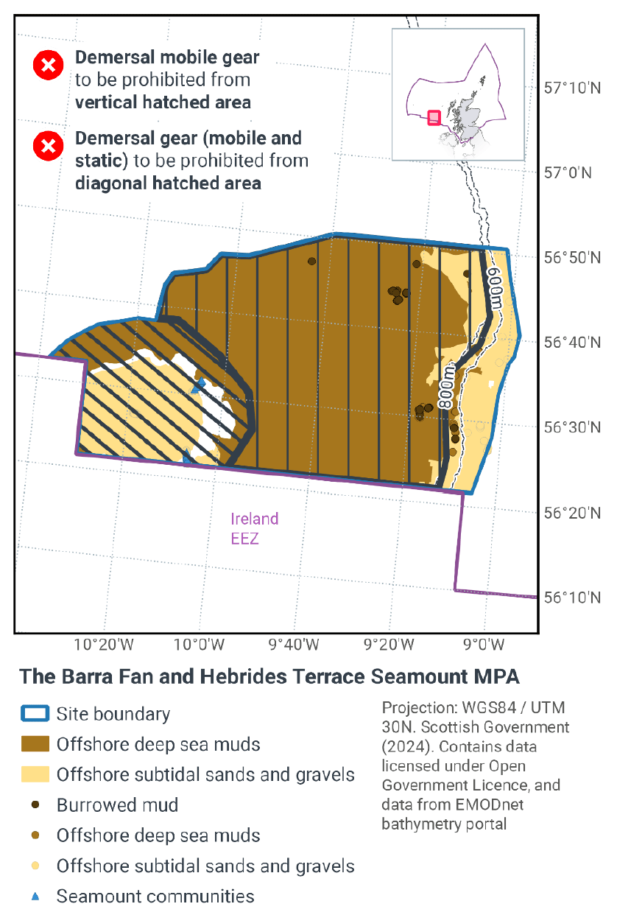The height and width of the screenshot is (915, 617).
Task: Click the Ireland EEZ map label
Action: pyautogui.click(x=255, y=528)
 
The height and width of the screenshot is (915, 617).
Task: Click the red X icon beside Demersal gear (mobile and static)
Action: pyautogui.click(x=49, y=147)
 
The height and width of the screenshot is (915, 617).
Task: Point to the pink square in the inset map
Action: pyautogui.click(x=434, y=117)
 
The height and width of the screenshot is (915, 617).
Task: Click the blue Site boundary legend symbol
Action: pyautogui.click(x=35, y=713)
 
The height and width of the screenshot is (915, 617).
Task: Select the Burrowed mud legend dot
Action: pyautogui.click(x=35, y=805)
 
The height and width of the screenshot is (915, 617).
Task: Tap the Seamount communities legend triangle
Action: pyautogui.click(x=35, y=897)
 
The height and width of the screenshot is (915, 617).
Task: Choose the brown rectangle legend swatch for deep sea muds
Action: pyautogui.click(x=35, y=744)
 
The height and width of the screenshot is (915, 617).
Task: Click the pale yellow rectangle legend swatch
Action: pyautogui.click(x=35, y=774)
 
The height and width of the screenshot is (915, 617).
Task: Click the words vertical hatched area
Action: pyautogui.click(x=163, y=102)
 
